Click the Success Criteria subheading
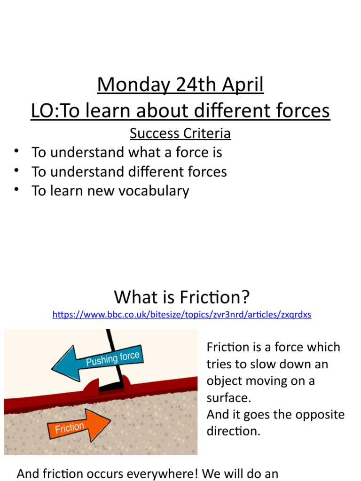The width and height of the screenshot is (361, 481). (x=180, y=134)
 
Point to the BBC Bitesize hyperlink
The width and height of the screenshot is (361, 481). (x=181, y=315)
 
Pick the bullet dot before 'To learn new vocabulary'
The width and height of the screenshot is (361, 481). (x=17, y=189)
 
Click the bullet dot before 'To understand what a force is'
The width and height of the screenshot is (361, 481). (x=17, y=151)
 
